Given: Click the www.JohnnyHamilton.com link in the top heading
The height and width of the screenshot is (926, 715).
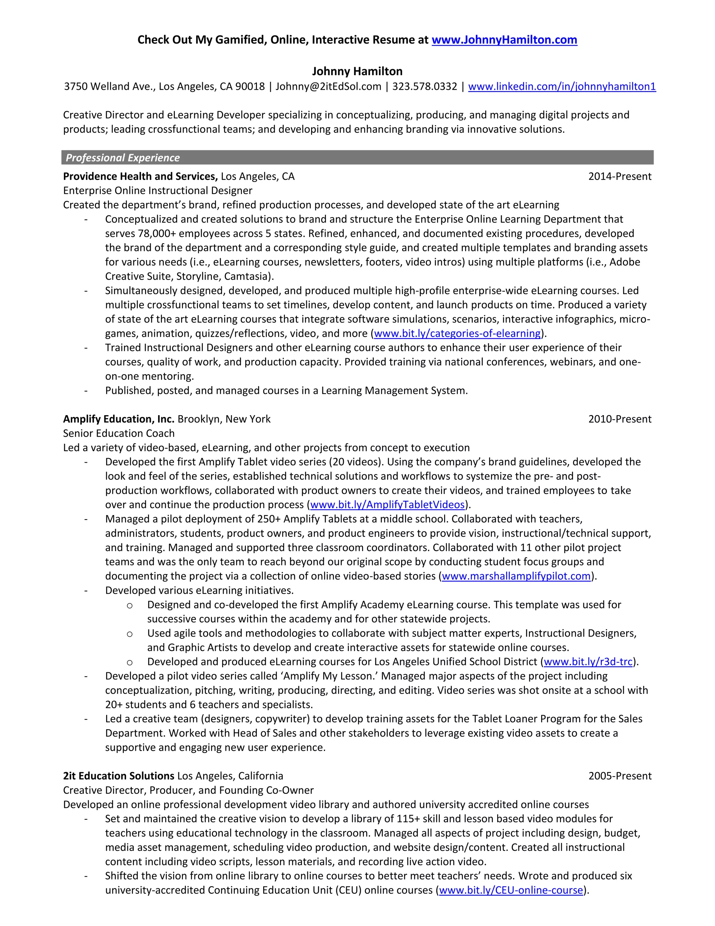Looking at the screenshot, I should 504,40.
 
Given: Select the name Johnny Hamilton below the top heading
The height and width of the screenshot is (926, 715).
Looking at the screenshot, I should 357,71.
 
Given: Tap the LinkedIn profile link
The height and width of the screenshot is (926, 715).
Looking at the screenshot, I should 562,87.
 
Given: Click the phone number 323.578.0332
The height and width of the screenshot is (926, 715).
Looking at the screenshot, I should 425,87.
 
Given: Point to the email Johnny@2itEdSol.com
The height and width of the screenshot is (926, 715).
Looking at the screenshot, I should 328,87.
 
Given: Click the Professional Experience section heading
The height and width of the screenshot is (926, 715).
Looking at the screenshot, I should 123,158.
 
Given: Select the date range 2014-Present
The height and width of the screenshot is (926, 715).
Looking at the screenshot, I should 619,176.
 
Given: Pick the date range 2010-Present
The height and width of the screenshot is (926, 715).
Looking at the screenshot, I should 619,419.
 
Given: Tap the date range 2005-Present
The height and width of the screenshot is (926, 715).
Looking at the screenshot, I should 619,776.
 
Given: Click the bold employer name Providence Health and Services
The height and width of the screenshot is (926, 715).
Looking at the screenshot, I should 140,176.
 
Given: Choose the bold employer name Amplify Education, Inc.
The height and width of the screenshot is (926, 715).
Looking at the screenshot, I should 119,419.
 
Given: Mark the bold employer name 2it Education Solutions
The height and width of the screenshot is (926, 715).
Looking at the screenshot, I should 119,776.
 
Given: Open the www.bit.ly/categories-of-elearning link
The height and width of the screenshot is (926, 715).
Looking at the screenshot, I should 457,334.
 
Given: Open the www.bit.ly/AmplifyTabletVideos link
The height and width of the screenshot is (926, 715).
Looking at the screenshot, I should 387,505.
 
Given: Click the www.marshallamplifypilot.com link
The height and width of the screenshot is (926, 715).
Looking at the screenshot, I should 516,576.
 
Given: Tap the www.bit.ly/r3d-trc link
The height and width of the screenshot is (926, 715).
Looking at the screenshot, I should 588,662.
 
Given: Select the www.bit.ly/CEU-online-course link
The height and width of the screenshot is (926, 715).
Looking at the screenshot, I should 511,890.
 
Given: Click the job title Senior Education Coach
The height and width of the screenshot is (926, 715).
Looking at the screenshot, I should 119,433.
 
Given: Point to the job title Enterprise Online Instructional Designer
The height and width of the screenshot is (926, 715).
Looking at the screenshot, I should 157,191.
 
